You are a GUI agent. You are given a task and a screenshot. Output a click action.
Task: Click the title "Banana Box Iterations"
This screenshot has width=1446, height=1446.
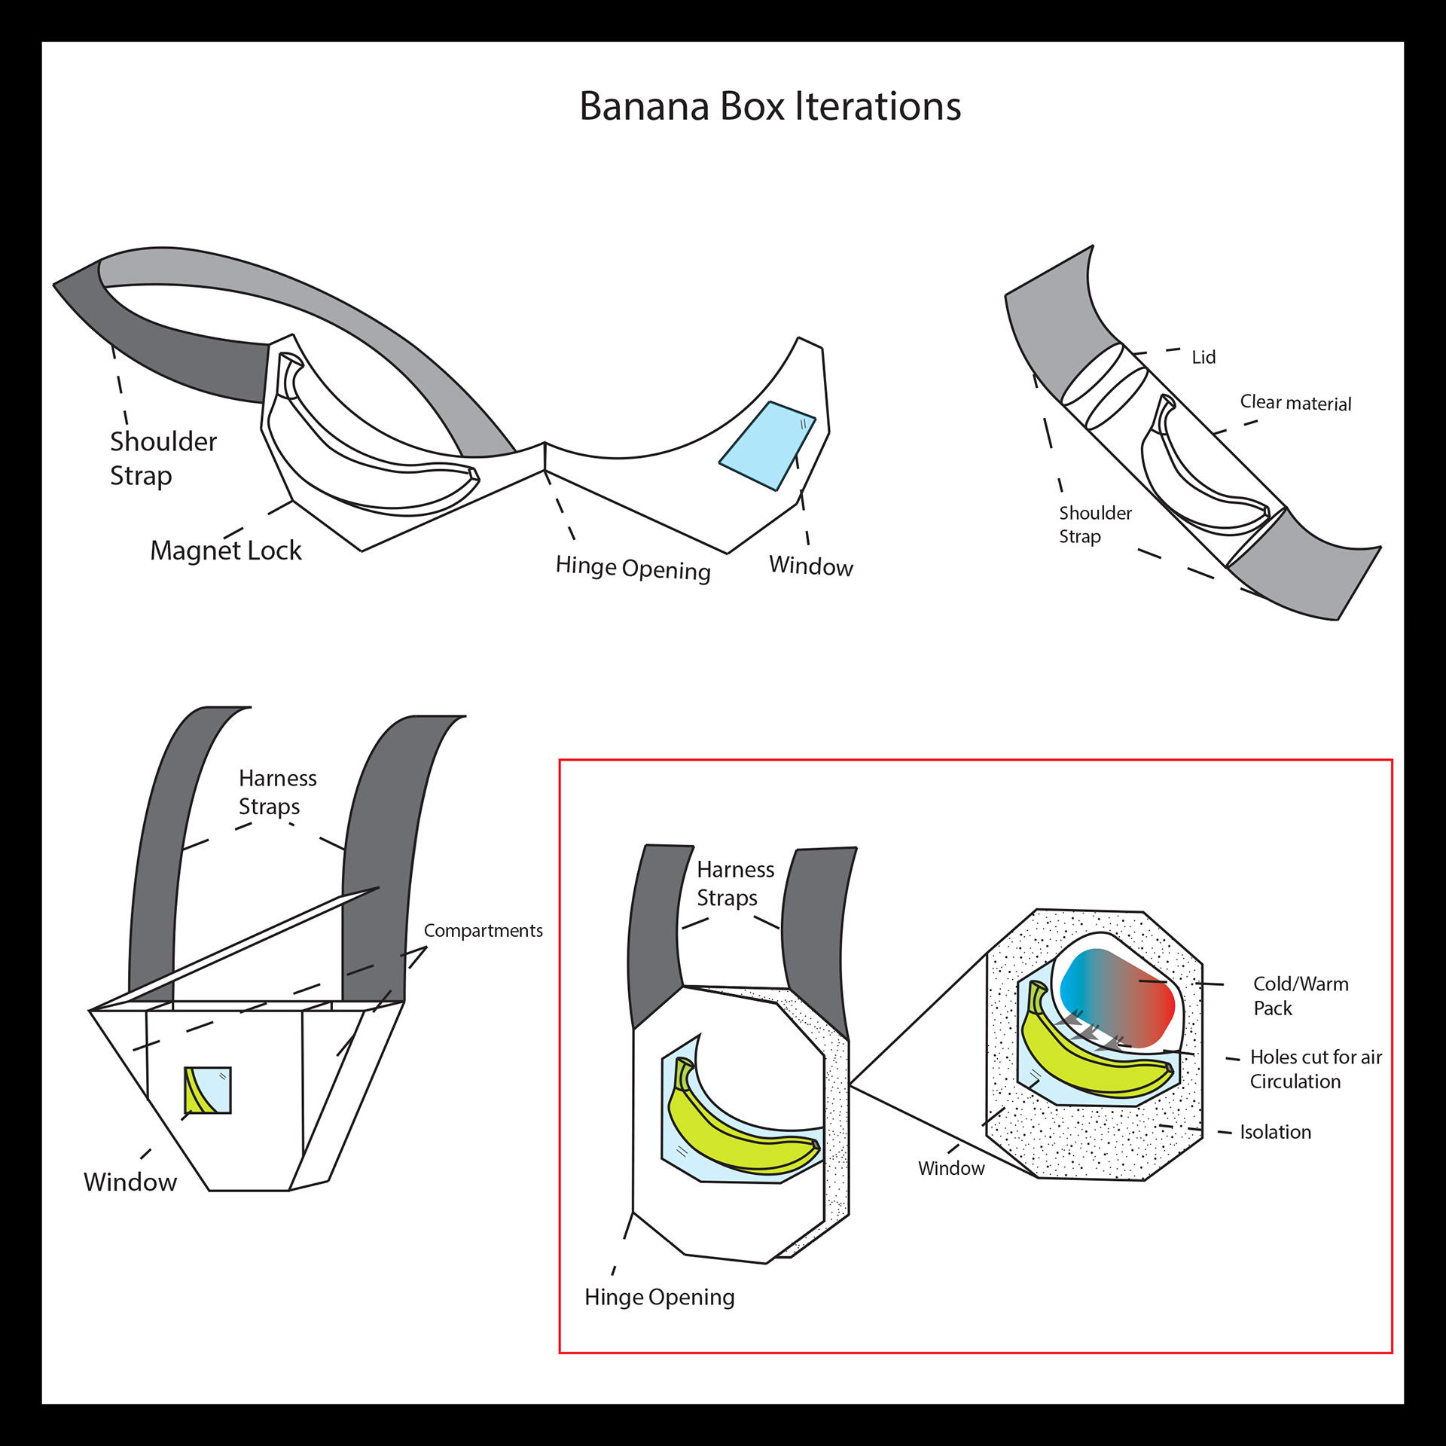point(770,106)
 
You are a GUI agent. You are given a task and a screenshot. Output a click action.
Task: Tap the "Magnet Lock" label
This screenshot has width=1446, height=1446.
point(225,551)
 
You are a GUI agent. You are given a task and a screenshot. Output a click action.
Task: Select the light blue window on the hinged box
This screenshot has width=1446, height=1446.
point(767,445)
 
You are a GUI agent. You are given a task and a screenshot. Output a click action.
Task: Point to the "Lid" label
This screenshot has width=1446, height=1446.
point(1203,357)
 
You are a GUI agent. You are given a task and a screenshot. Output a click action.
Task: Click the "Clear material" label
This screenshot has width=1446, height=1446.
point(1295,403)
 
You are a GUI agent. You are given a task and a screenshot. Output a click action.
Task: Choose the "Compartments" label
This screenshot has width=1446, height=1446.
point(483,930)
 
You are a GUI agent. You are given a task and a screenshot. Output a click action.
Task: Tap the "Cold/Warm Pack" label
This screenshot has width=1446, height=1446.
point(1300,996)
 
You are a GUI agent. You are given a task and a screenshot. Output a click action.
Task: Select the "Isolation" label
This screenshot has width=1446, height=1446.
point(1275,1132)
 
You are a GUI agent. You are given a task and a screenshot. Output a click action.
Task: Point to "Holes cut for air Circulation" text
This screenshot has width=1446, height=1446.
point(1315,1069)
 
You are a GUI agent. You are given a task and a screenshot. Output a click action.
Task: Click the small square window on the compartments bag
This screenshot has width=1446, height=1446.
point(208,1090)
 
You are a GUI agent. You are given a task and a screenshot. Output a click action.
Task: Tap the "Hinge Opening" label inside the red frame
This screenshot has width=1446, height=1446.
point(659,1297)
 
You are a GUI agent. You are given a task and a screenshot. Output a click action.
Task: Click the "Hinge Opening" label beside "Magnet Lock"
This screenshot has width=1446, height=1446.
point(633,569)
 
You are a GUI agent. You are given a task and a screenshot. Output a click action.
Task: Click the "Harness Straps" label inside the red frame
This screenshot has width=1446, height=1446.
point(734,883)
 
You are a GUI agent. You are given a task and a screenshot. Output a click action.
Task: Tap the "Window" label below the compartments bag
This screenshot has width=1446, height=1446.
point(130,1182)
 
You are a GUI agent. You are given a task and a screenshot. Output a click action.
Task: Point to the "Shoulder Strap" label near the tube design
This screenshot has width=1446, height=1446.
point(1094,524)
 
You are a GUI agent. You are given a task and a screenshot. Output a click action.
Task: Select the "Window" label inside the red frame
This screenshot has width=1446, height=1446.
point(950,1168)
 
